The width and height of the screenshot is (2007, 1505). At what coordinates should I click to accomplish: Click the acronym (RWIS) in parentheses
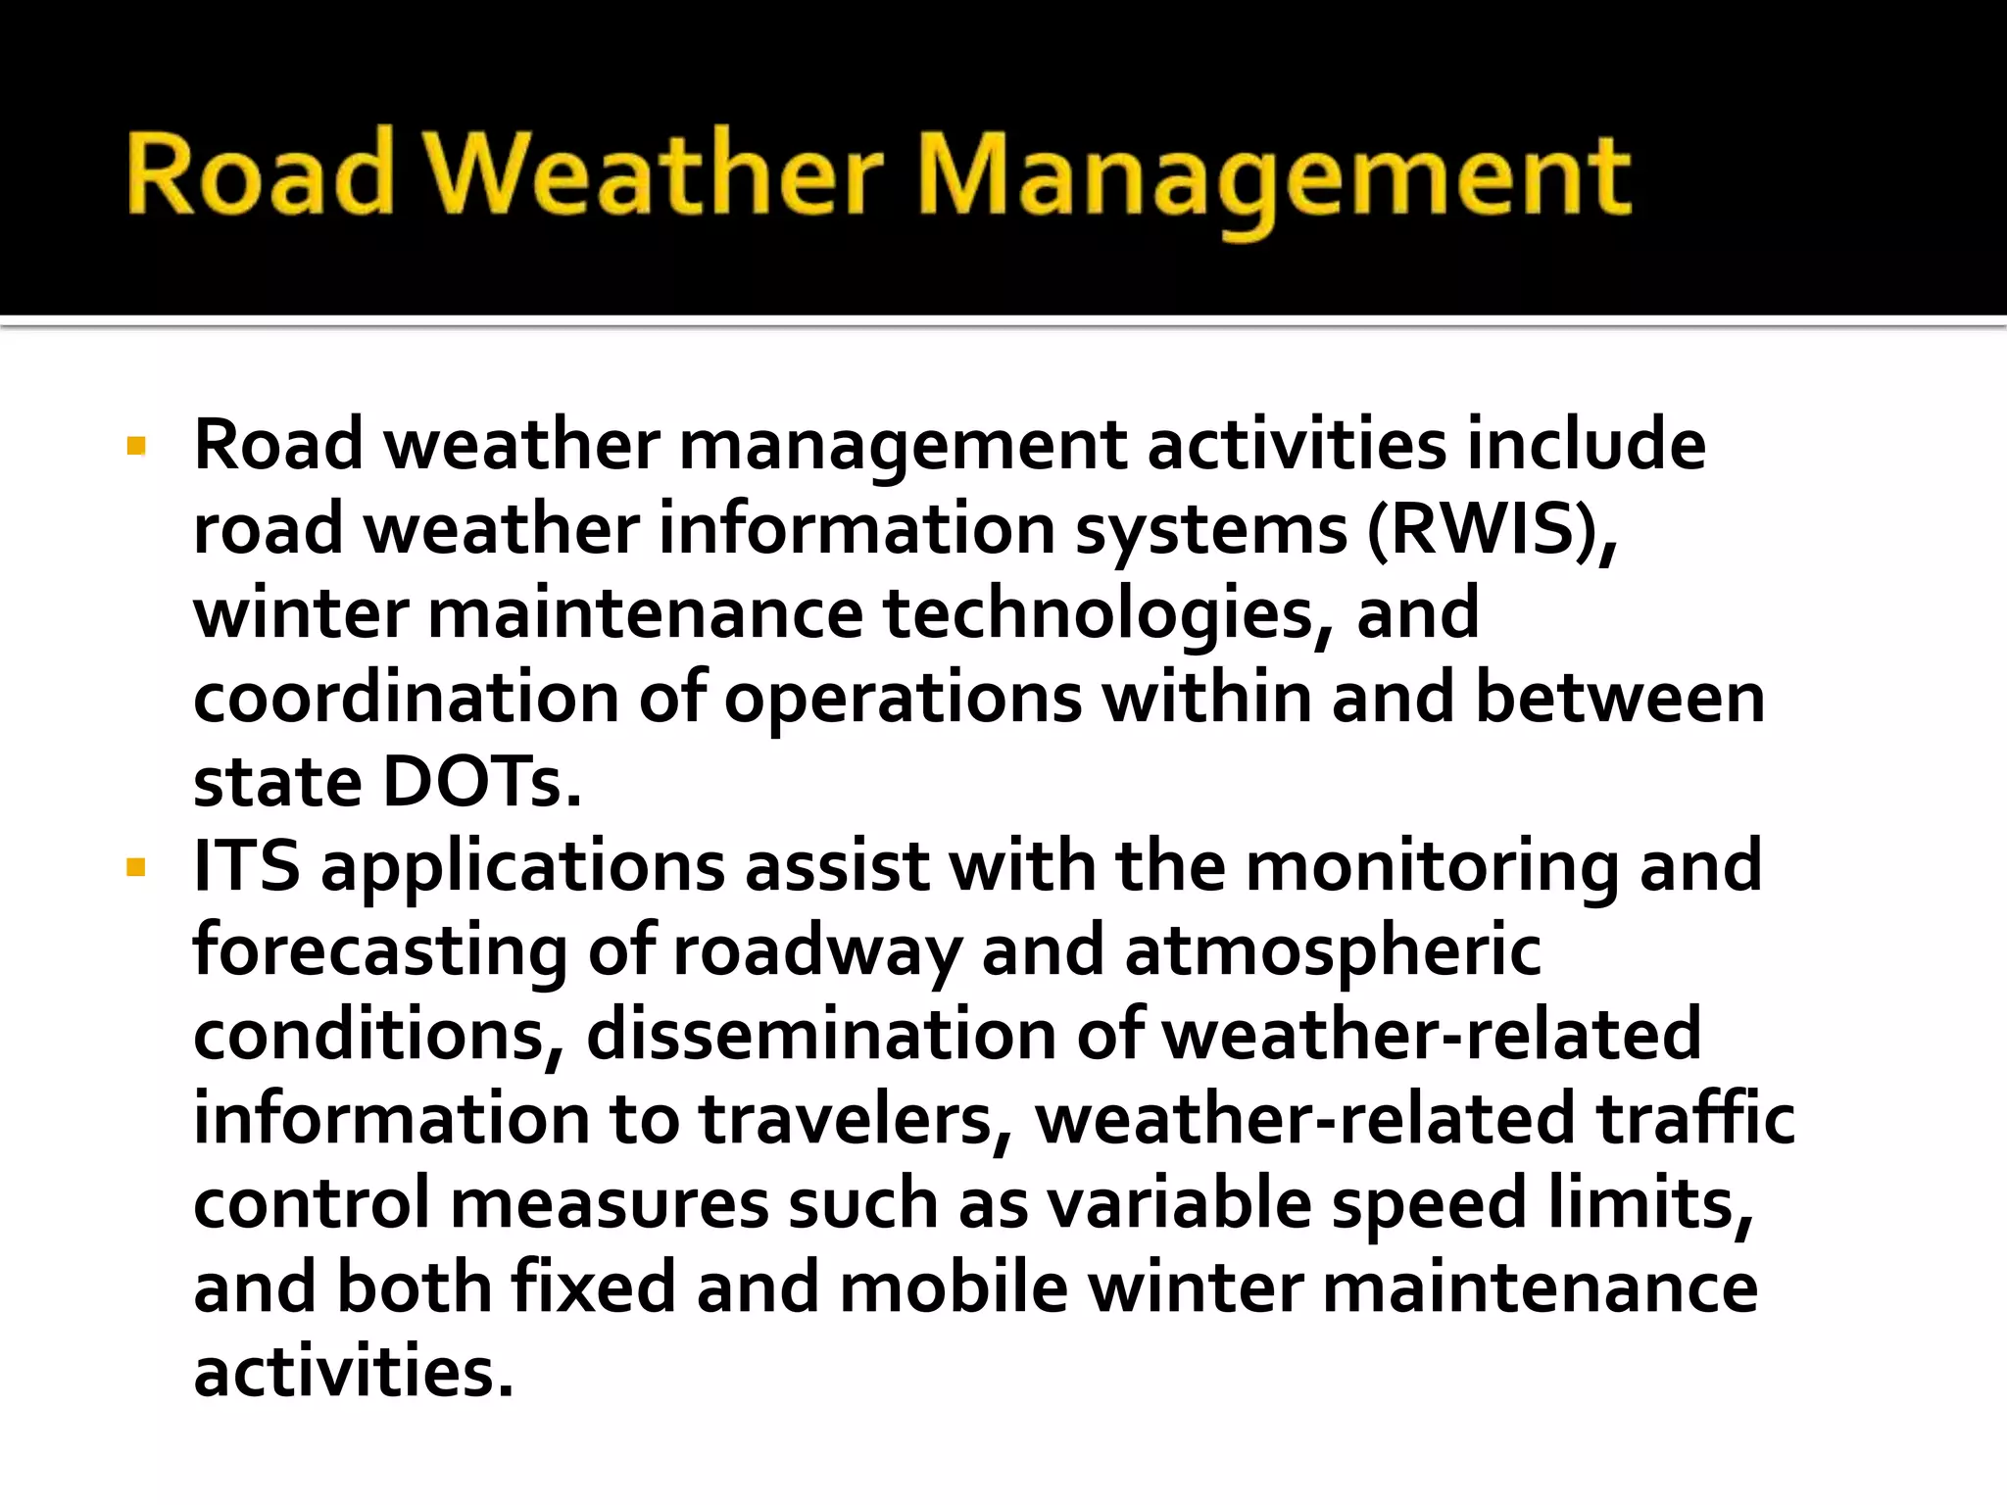[1492, 530]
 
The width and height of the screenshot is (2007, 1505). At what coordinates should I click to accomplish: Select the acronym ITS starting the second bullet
[246, 866]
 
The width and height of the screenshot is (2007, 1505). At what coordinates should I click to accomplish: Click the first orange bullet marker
[136, 448]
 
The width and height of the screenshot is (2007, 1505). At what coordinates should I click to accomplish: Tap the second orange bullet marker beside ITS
[136, 868]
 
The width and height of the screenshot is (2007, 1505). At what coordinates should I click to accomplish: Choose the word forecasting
[379, 952]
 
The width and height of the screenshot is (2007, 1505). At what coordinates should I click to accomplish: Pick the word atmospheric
[1333, 952]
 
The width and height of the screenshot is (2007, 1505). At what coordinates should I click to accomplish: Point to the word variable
[1179, 1204]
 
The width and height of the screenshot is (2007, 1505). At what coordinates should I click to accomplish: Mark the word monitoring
[1432, 868]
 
